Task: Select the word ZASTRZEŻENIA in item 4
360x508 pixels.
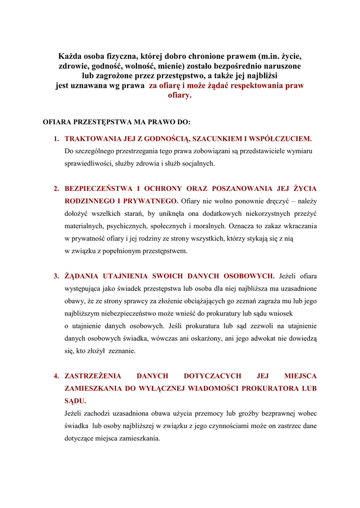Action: (x=93, y=376)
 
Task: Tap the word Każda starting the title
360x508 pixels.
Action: (x=72, y=56)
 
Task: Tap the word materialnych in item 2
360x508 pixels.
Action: (x=84, y=226)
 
